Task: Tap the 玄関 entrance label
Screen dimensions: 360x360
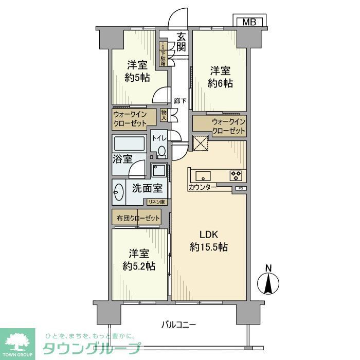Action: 181,42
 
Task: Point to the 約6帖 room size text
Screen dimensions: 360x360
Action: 220,83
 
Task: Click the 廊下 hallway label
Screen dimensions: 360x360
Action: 180,101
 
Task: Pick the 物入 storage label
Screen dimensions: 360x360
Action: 164,115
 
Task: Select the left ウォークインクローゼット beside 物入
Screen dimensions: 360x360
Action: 134,118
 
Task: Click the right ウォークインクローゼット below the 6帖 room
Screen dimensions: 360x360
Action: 220,126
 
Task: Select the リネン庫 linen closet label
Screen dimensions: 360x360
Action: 156,202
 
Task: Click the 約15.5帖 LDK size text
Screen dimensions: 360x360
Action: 209,247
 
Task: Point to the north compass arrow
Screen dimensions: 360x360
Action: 267,282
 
